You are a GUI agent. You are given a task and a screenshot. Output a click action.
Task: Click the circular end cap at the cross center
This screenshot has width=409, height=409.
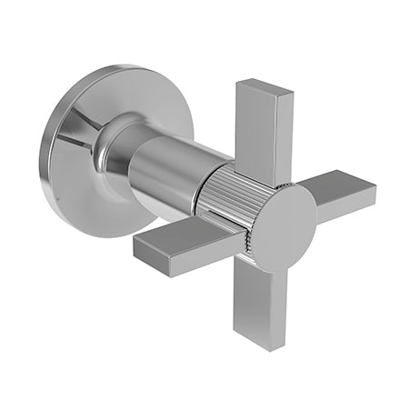pos(282,227)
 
